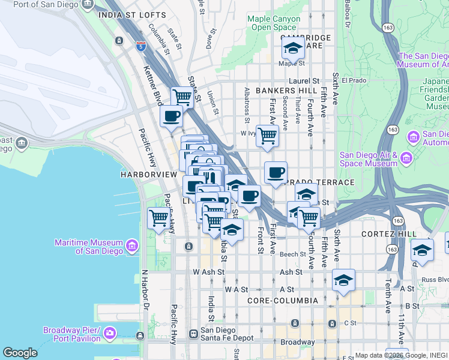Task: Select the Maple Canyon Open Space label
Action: click(x=274, y=23)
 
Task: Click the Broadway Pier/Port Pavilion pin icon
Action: click(x=109, y=332)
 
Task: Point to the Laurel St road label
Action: click(x=306, y=80)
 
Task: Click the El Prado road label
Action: click(x=354, y=80)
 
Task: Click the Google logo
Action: click(x=20, y=353)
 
